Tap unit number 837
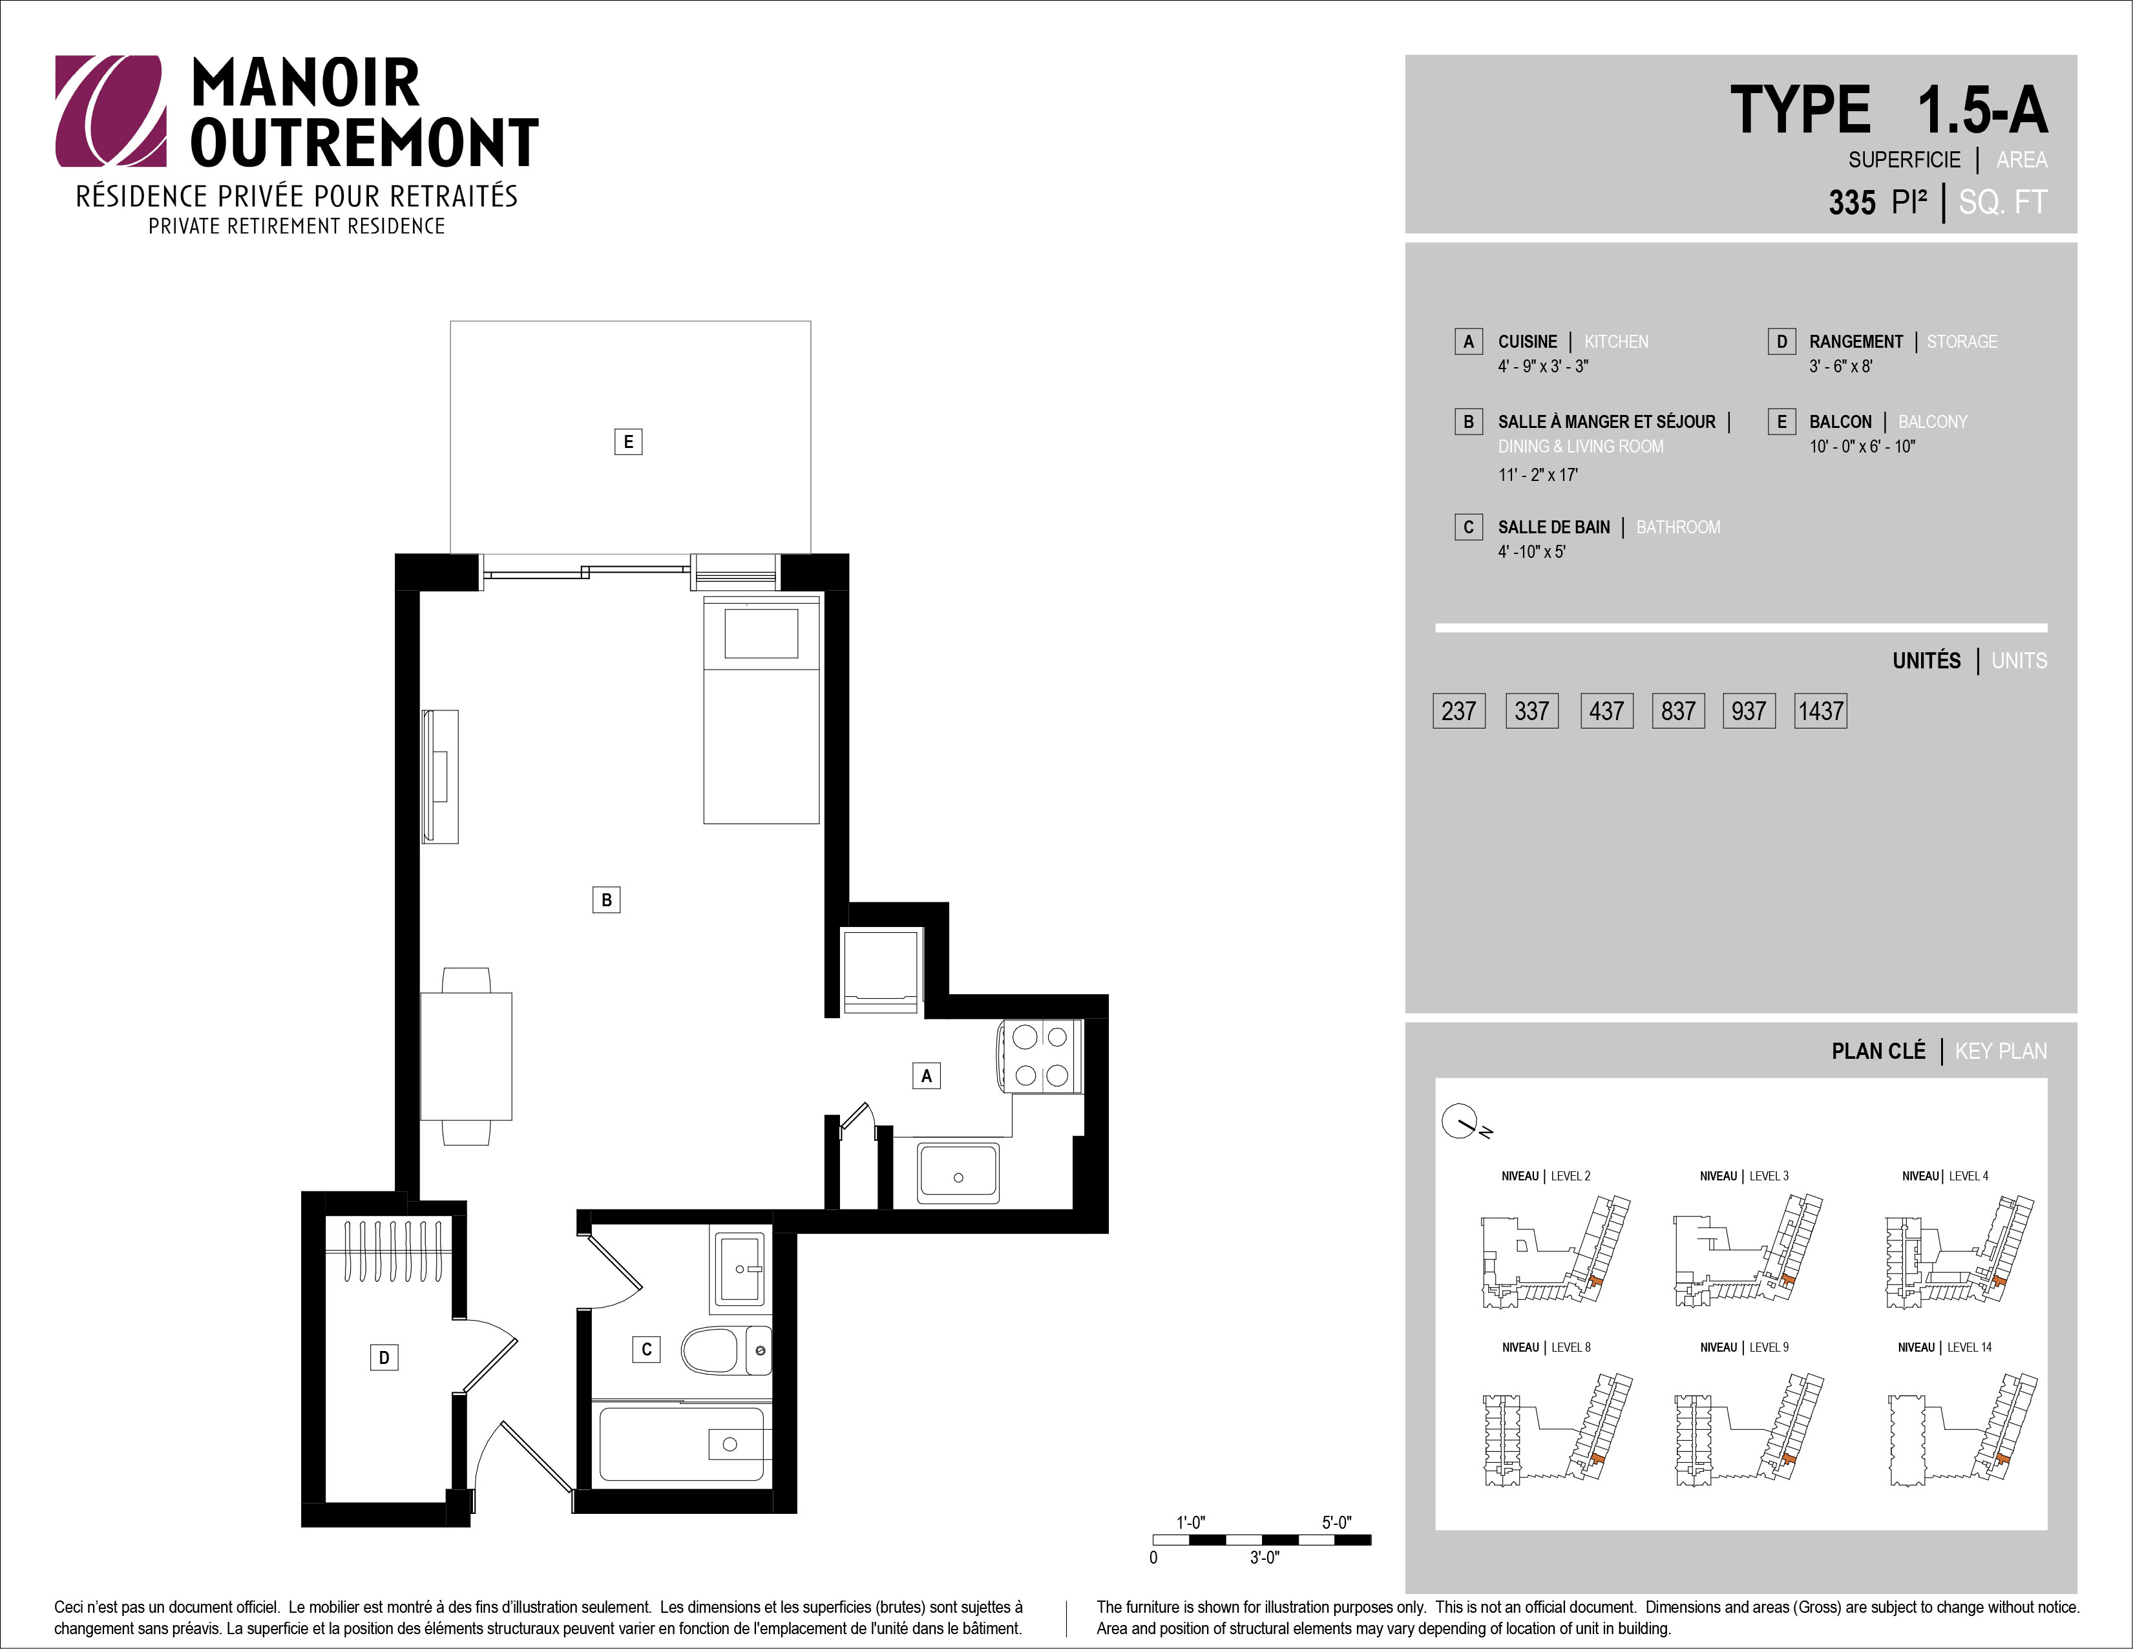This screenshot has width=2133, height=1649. coord(1678,711)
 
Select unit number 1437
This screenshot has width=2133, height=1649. coord(1820,711)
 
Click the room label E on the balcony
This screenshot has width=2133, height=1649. coord(628,442)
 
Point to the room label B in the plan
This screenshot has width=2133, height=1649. coord(607,900)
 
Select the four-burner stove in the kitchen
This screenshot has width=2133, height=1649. coord(1039,1056)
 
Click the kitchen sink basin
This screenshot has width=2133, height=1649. coord(958,1173)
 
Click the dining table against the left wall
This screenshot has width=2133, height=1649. coord(466,1056)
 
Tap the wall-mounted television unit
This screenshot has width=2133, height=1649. coord(439,776)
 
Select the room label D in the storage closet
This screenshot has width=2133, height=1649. coord(384,1357)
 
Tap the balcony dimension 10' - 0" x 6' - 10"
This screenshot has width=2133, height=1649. coord(1862,447)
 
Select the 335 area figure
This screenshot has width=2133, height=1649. coord(1852,202)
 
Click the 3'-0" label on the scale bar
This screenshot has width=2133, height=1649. coord(1264,1557)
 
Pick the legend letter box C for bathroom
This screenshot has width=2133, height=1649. coord(1468,527)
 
